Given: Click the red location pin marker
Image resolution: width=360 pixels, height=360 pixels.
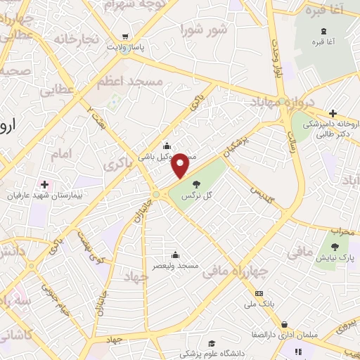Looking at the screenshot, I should tap(181, 165).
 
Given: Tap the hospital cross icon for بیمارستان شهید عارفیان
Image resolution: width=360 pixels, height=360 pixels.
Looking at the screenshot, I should tap(44, 184).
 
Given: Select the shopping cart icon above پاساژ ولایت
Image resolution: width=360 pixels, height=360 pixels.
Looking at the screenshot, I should tap(125, 37).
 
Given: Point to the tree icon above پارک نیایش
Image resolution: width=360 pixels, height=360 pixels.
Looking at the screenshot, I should tap(335, 246).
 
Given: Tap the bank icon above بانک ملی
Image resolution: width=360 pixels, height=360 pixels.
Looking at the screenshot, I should tap(259, 292).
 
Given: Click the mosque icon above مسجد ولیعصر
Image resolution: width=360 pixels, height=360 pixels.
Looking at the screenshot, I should tap(175, 255).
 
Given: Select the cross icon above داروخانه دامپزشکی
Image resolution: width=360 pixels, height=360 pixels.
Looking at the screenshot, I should tap(333, 112).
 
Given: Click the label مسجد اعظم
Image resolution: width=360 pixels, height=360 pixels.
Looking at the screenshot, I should tap(138, 82).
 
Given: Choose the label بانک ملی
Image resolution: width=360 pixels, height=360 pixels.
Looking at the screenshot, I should tap(259, 304).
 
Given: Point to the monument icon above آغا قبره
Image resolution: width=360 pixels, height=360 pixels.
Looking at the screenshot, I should tap(323, 31).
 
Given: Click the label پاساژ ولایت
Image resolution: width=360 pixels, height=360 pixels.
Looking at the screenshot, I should tap(125, 47).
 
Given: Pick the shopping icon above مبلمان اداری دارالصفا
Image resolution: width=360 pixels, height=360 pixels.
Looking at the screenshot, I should tap(283, 324).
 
